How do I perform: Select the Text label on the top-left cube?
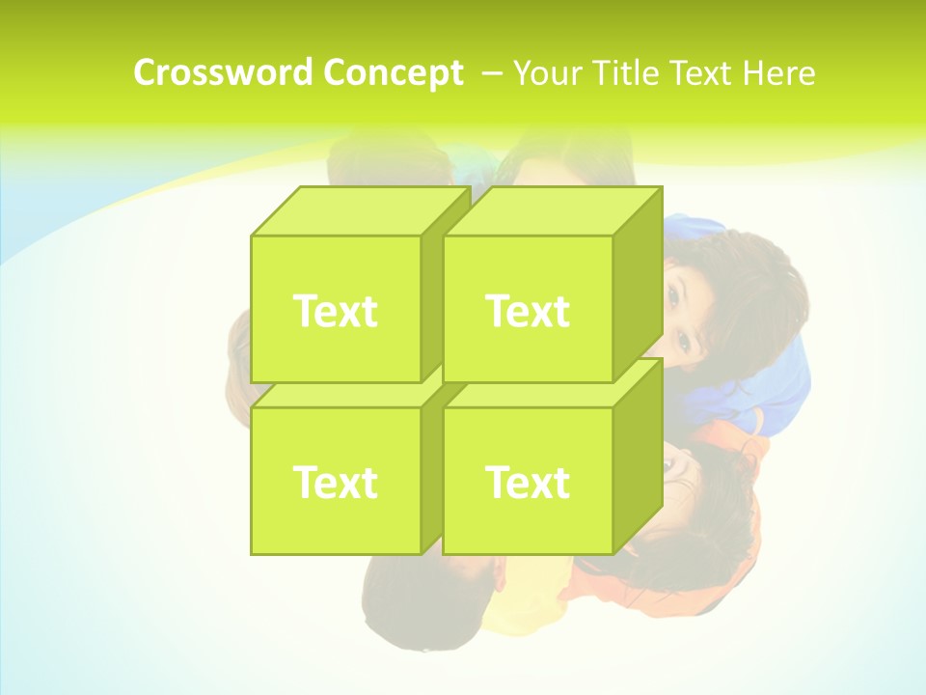(335, 311)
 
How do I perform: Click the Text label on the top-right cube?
(528, 311)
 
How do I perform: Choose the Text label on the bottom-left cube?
(335, 482)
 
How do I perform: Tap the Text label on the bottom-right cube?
(528, 482)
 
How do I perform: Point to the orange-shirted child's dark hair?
(714, 521)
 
